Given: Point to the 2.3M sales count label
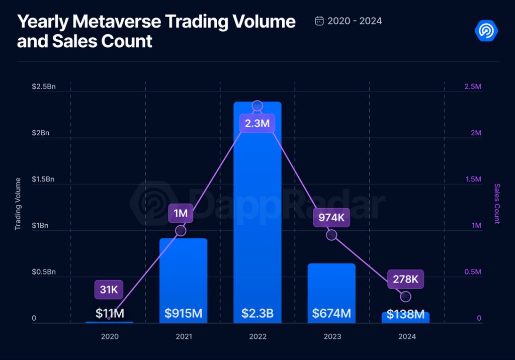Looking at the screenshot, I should tap(257, 123).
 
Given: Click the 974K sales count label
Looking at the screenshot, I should tap(331, 218).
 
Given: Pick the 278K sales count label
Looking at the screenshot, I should tap(405, 279).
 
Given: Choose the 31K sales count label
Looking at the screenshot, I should tap(109, 290).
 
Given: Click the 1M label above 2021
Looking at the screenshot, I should tap(181, 213).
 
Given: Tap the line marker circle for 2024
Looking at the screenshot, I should tap(405, 297).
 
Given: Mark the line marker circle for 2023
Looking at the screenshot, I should tap(331, 235).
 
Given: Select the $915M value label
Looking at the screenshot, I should tap(183, 314).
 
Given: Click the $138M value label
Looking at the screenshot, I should tap(405, 315).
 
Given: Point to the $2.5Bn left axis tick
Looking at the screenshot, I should tap(44, 87).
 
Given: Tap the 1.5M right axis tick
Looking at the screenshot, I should tap(472, 179).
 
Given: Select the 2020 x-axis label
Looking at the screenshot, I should tap(110, 336).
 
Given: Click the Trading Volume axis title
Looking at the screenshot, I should tap(18, 204).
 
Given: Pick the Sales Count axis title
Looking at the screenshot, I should tap(497, 204).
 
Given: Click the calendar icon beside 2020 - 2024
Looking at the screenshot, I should tap(319, 21).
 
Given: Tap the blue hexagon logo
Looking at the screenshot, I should tap(486, 31).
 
